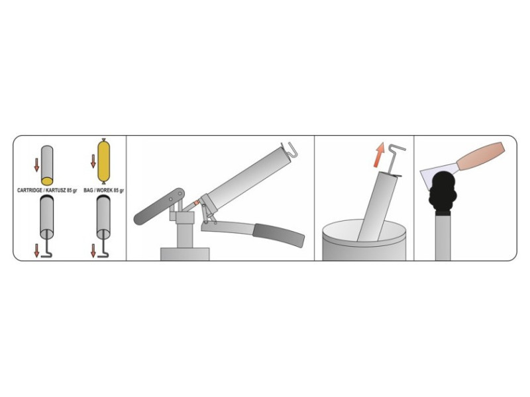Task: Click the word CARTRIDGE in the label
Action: tap(30, 191)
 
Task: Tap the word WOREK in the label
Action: tap(105, 191)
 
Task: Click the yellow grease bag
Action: tap(104, 161)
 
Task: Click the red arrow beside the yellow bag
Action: tap(93, 161)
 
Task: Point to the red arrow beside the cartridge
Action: tap(36, 164)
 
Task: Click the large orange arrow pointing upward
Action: tap(379, 155)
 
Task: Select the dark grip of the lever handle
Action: tap(279, 235)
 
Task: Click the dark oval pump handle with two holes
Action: tap(159, 206)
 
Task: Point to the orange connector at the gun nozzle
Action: tap(196, 203)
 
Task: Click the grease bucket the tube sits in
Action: tap(364, 240)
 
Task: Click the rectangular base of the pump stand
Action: tap(185, 254)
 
